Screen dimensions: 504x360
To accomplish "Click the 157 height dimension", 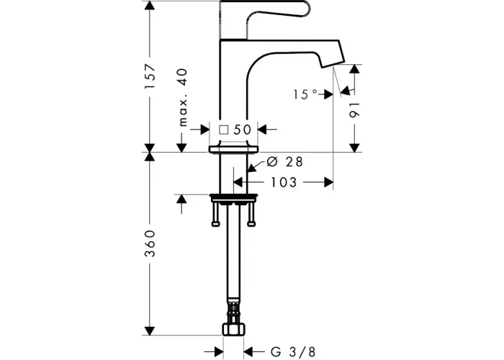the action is coord(150,77).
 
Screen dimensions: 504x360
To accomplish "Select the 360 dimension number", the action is coord(150,243).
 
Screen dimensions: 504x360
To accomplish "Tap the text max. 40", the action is coord(183,97).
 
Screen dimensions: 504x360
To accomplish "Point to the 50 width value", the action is coord(242,130).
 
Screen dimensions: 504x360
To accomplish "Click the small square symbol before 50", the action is coord(224,130).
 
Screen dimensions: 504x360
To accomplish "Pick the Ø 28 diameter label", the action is coord(285,162).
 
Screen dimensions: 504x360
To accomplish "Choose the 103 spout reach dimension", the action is coord(284,183).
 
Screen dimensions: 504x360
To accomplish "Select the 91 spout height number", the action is coord(354,110).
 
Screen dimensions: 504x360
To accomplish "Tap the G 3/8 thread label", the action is coord(293,352).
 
